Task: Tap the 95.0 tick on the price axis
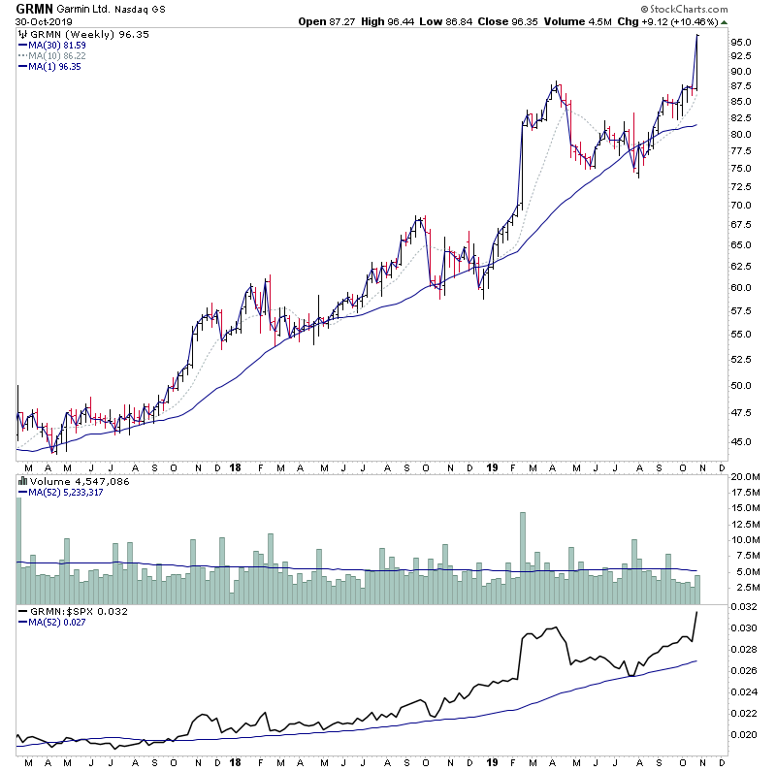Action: (x=742, y=43)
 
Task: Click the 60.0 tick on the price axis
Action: (x=742, y=287)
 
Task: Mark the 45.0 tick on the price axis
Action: (x=742, y=441)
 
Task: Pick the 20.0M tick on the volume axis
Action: (x=745, y=477)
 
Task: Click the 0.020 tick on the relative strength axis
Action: (x=744, y=734)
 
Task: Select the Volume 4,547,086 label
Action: (x=70, y=480)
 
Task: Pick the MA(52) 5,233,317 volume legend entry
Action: (x=66, y=492)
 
